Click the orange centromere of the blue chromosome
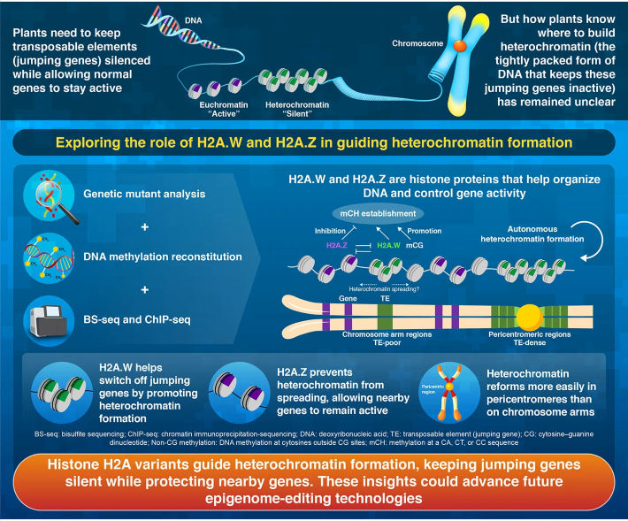(x=460, y=46)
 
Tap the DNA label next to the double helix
(x=194, y=20)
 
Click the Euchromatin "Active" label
(x=224, y=110)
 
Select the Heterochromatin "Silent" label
(x=297, y=110)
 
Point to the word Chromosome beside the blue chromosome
(x=417, y=43)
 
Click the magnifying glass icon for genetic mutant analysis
(x=50, y=195)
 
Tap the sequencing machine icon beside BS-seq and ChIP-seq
(x=49, y=321)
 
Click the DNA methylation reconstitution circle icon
(x=49, y=258)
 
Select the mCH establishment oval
(x=378, y=213)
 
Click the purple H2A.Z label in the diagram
(x=337, y=245)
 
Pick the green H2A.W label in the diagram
(x=388, y=245)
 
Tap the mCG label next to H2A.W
(x=415, y=245)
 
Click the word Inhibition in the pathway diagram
(x=330, y=231)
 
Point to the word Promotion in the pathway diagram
(x=425, y=231)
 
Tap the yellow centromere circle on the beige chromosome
(x=530, y=317)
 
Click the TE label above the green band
(x=385, y=298)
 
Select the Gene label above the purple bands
(x=348, y=298)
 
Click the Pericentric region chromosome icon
(x=449, y=393)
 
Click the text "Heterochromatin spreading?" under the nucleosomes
(x=384, y=288)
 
